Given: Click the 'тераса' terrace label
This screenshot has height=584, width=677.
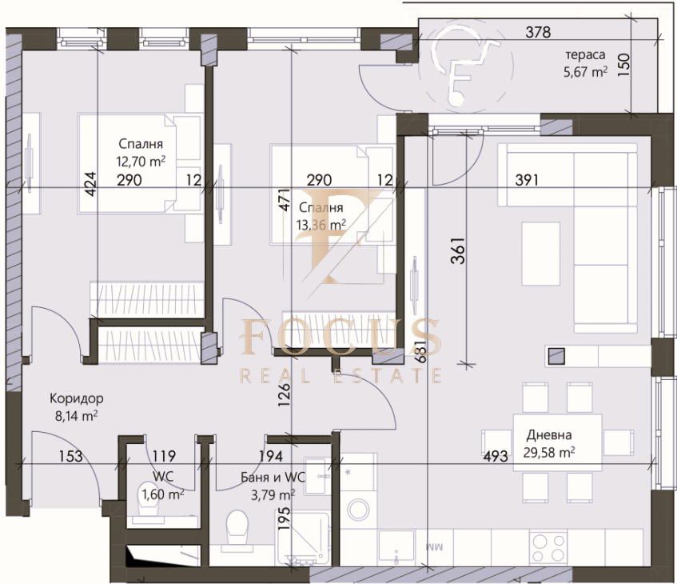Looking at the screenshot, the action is [585, 55].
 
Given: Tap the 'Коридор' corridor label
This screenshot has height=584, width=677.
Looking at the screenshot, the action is [77, 398].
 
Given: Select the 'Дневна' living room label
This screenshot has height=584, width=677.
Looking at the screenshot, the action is [549, 434].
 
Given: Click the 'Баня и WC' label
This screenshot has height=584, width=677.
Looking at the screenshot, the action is [273, 478].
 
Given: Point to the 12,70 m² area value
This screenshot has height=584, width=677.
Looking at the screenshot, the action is [141, 162].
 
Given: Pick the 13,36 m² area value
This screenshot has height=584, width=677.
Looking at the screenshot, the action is [321, 225].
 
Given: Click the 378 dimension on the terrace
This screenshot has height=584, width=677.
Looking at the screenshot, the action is [538, 32].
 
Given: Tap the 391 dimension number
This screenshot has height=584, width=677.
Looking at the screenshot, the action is [526, 180].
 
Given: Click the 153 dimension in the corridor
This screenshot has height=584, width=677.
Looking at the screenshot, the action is [70, 456].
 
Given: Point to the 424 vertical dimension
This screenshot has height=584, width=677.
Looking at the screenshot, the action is [90, 184].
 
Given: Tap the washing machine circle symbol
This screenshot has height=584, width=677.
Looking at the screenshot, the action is [358, 509].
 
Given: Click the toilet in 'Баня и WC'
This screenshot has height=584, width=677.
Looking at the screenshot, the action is [237, 530].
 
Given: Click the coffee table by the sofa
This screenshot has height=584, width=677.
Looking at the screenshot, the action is [540, 254].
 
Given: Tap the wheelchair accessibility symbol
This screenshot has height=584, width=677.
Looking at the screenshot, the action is [465, 65].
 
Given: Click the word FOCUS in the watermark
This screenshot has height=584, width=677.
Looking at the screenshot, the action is [340, 337].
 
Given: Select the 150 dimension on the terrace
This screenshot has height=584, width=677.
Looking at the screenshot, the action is [623, 65].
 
